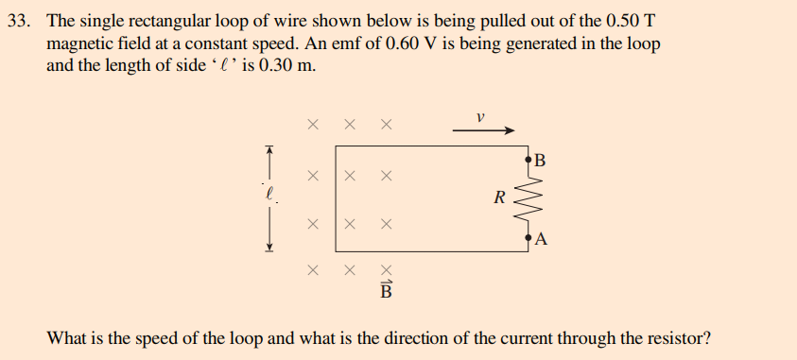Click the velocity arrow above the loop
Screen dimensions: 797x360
pyautogui.click(x=483, y=131)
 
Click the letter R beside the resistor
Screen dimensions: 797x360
pyautogui.click(x=499, y=197)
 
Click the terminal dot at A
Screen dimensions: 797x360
pyautogui.click(x=528, y=238)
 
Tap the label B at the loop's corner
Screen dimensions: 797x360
pyautogui.click(x=541, y=159)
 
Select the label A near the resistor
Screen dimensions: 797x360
pyautogui.click(x=541, y=239)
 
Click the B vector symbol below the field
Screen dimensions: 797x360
pyautogui.click(x=385, y=288)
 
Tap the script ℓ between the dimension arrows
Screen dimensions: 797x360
pyautogui.click(x=269, y=193)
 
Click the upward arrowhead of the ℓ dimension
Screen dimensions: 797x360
pyautogui.click(x=269, y=149)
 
